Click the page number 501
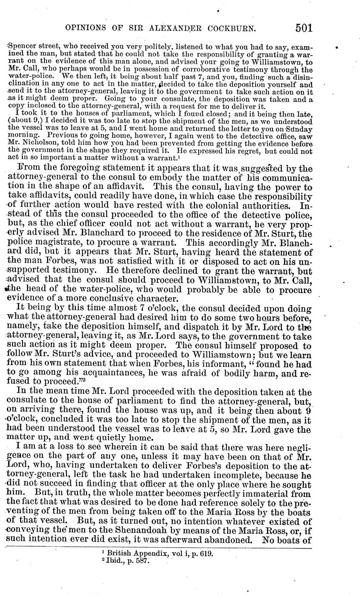304,28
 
